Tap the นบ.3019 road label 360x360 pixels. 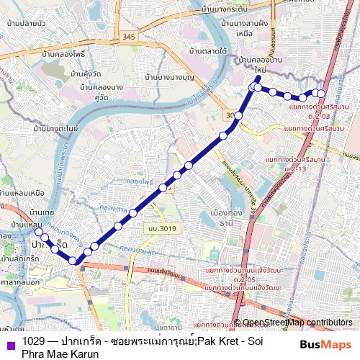pos(163,228)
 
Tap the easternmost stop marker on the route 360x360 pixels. pos(321,94)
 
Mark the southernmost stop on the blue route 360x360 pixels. pos(73,261)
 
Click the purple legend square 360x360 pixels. pos(8,343)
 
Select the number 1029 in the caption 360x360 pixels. pos(33,341)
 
